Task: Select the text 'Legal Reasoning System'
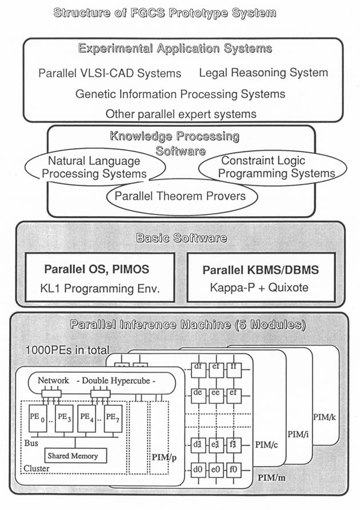263,73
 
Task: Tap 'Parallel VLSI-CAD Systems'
110,73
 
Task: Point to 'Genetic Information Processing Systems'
180,93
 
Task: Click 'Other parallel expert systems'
181,113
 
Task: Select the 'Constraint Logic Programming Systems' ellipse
270,167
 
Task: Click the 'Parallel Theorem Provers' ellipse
180,196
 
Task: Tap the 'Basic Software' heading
180,237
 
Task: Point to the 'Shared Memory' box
72,456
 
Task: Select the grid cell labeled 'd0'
199,471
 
